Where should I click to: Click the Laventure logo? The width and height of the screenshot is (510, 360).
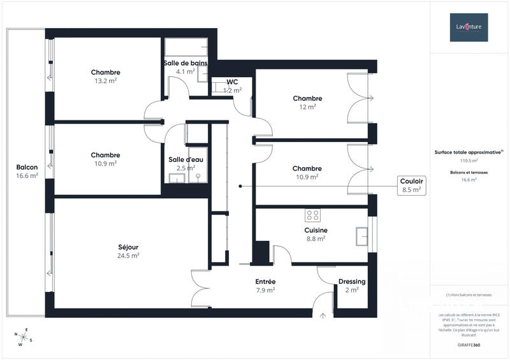point(469,27)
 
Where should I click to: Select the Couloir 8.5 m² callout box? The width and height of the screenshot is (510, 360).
point(411,185)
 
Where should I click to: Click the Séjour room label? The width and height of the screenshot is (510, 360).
point(128,247)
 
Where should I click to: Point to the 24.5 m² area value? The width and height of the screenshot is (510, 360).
point(128,256)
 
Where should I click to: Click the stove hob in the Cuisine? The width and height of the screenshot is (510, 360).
point(312,214)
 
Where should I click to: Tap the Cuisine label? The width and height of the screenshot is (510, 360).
point(316,230)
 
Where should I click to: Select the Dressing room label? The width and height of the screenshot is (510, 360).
point(352,282)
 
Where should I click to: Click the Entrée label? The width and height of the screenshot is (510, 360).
point(265,282)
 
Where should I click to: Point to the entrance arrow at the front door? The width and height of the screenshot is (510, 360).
point(323,314)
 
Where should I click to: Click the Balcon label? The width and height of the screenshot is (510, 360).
point(27,168)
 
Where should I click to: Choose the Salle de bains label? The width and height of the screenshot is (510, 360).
point(185,63)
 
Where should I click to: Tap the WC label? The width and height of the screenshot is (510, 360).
point(232,82)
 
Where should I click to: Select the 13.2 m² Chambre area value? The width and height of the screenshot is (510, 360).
point(105,81)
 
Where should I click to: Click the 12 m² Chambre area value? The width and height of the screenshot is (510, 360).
point(307,107)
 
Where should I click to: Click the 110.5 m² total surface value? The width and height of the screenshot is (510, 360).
point(469,161)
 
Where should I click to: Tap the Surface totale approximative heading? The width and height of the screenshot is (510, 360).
point(469,152)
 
